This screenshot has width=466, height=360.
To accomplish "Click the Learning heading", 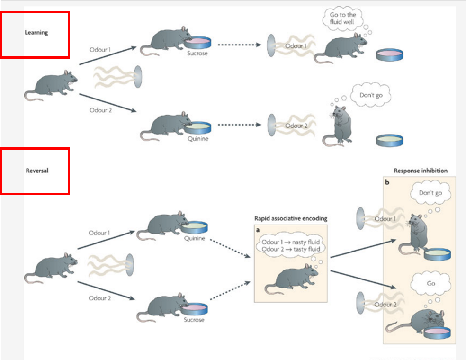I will click(36, 33).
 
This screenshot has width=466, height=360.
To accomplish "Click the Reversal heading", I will click(37, 171).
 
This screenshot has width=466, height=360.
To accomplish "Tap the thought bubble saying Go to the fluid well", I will click(342, 18).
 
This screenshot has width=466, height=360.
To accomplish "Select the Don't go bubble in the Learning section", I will click(371, 95).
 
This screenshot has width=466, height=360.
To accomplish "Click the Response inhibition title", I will click(421, 171).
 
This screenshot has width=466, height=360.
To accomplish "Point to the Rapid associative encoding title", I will click(291, 218).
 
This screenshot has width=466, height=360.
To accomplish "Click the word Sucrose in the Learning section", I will click(197, 53).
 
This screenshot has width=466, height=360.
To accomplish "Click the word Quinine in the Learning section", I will click(197, 139).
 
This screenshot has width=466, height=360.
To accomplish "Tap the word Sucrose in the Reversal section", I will click(194, 320).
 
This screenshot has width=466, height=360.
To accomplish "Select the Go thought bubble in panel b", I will click(431, 283).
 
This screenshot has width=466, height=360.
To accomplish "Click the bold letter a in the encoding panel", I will click(258, 229).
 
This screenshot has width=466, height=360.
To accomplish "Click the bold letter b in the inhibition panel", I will click(387, 182).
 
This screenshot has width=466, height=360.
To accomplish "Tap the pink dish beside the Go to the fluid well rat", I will click(390, 54).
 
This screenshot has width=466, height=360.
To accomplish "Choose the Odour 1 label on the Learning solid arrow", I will click(101, 49).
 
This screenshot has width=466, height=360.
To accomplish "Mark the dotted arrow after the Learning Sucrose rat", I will click(239, 45).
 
